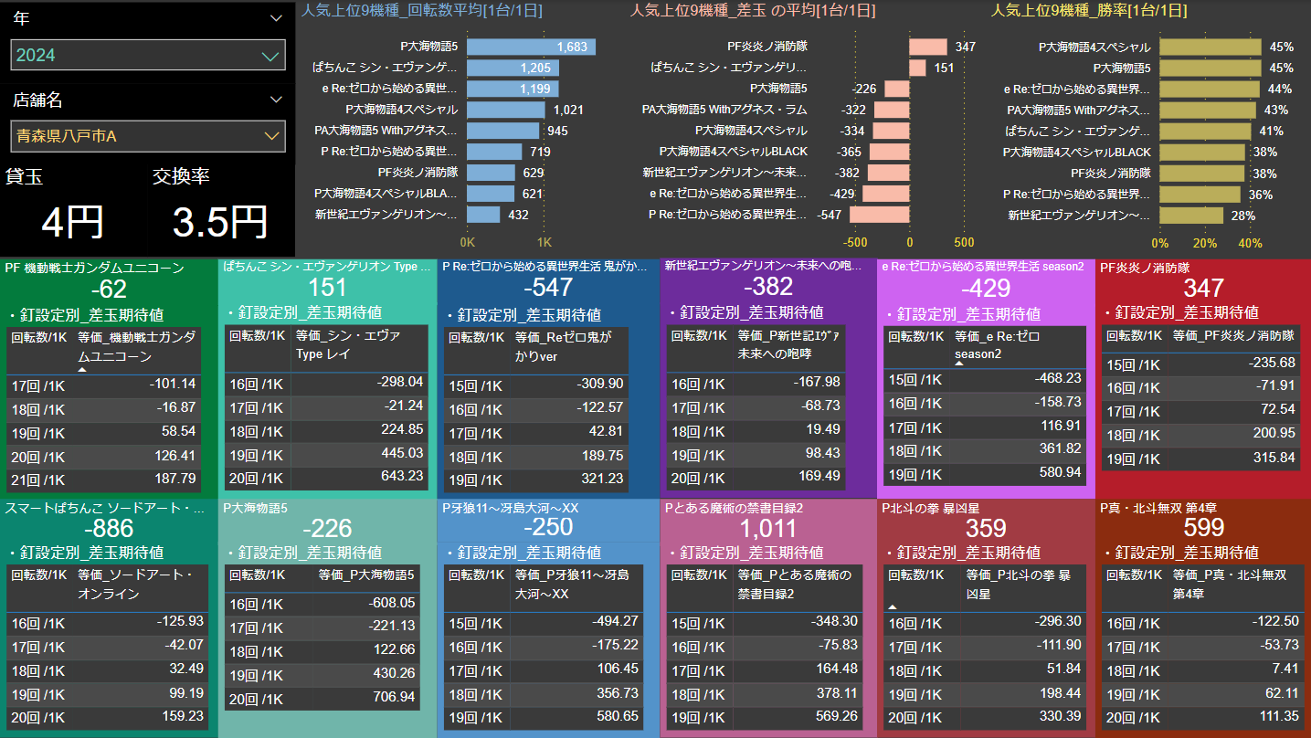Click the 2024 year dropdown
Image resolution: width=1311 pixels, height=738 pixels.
pyautogui.click(x=148, y=56)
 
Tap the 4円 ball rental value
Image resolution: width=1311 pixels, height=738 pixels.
pyautogui.click(x=73, y=222)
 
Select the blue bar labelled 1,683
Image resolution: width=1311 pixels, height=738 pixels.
pyautogui.click(x=531, y=47)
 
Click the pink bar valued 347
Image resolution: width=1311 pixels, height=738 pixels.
pyautogui.click(x=927, y=47)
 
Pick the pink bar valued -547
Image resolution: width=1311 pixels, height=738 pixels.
pyautogui.click(x=879, y=215)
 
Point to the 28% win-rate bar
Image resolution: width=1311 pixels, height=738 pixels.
pyautogui.click(x=1191, y=216)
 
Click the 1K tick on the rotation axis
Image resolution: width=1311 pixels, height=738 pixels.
pyautogui.click(x=544, y=243)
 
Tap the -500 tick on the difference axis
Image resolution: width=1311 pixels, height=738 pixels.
pyautogui.click(x=855, y=243)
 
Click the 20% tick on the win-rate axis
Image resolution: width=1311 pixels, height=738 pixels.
pyautogui.click(x=1205, y=244)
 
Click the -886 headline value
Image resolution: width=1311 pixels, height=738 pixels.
pyautogui.click(x=108, y=528)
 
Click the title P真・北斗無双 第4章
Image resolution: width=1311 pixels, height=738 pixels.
pyautogui.click(x=1158, y=508)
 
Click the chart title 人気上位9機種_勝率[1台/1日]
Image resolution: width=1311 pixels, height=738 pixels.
pyautogui.click(x=1089, y=11)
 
